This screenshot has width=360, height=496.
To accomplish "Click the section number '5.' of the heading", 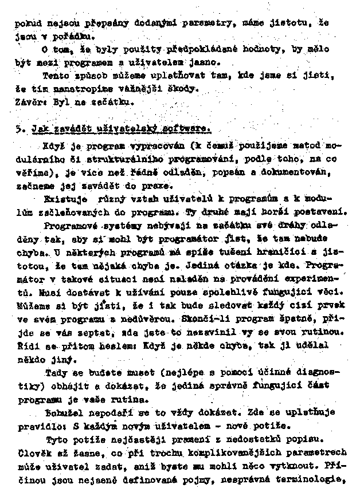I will (x=19, y=129).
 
